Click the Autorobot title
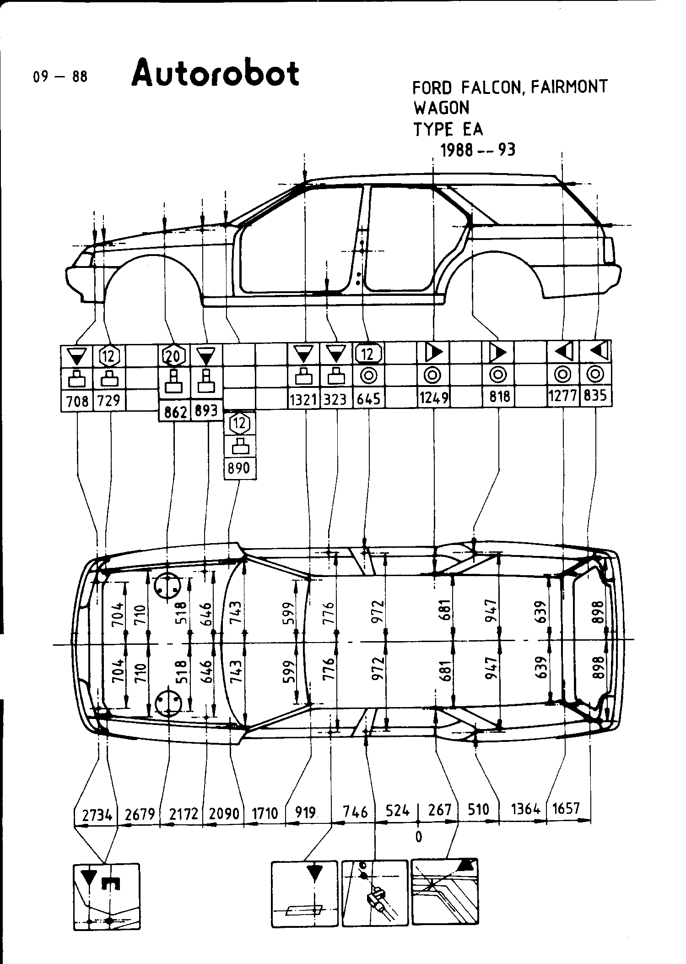pos(216,73)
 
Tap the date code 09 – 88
pos(59,76)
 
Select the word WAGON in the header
pos(441,108)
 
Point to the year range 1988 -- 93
pos(477,150)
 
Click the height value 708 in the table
pos(77,401)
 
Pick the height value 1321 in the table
pos(303,400)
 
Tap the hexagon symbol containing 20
pos(174,355)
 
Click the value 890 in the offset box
pos(239,468)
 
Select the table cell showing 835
pos(595,395)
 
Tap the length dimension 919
pos(305,812)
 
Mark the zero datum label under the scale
pos(418,837)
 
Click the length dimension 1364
pos(525,809)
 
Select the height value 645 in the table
pos(368,399)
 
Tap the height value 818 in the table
pos(499,396)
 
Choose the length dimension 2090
pos(224,813)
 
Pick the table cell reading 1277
pos(563,395)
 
